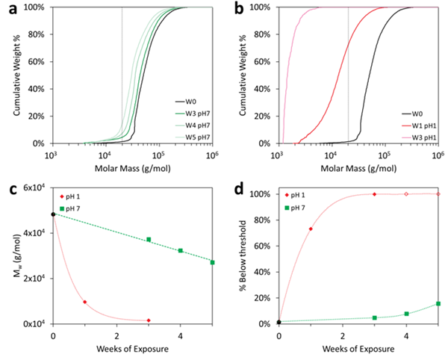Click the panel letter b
click(x=233, y=10)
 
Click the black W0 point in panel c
click(x=53, y=214)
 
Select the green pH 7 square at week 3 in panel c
click(x=149, y=240)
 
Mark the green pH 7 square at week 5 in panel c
click(x=213, y=262)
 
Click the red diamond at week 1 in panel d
click(x=311, y=229)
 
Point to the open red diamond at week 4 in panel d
click(x=406, y=194)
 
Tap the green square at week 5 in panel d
click(x=438, y=303)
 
